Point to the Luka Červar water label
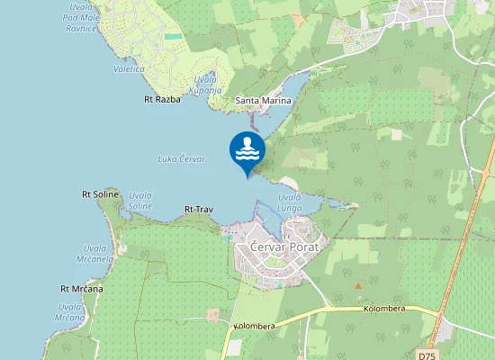(182, 159)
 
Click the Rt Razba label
(162, 99)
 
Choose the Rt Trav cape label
(199, 209)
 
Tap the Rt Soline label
(100, 193)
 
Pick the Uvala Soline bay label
(140, 201)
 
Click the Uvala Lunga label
(289, 202)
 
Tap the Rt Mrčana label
(82, 289)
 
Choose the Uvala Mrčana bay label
(70, 312)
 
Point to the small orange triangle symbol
(358, 285)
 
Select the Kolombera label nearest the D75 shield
(384, 309)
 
